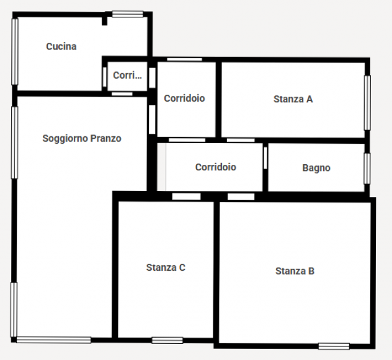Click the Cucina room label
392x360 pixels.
tap(61, 46)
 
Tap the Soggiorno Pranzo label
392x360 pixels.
tap(82, 138)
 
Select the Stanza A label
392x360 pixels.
tap(293, 99)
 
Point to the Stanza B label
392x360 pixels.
tap(295, 271)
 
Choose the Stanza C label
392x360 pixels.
tap(166, 268)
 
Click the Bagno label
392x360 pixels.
tap(316, 168)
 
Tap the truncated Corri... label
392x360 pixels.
tap(127, 75)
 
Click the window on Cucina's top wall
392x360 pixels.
tap(128, 14)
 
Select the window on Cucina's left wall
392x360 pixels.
tap(15, 51)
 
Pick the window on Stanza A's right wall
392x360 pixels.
tap(367, 103)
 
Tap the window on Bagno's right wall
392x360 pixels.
tap(367, 169)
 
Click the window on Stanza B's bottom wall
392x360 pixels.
tap(334, 346)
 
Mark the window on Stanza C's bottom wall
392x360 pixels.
tap(167, 340)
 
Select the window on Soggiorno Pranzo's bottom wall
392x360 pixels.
tap(53, 340)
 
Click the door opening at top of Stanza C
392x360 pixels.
tap(186, 196)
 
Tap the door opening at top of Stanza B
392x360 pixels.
tap(241, 196)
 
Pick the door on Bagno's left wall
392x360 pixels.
tap(265, 158)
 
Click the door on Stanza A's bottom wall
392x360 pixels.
tap(241, 140)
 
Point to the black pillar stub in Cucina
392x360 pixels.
tap(104, 20)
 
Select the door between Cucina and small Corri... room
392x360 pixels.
tap(104, 77)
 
